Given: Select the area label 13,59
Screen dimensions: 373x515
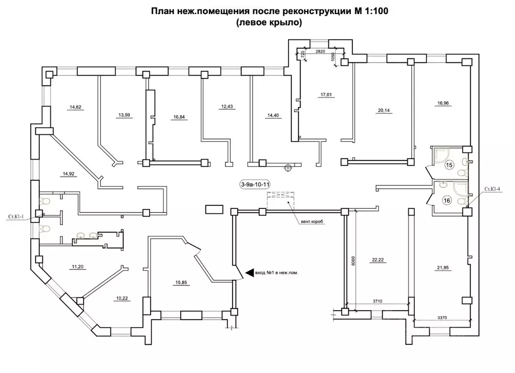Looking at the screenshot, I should click(124, 115).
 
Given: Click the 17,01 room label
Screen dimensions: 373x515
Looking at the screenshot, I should click(326, 94).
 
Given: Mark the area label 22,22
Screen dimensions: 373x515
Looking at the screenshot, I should click(378, 260).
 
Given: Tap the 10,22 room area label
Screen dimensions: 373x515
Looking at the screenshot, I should click(122, 298).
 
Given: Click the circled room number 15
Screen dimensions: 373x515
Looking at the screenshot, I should click(450, 165).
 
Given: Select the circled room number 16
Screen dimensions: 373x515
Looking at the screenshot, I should click(447, 200).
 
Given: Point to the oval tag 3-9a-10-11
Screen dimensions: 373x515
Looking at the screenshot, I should click(255, 185).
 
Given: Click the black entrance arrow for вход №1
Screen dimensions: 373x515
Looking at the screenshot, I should click(249, 273).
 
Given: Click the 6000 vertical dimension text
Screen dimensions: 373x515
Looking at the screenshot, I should click(353, 260).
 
